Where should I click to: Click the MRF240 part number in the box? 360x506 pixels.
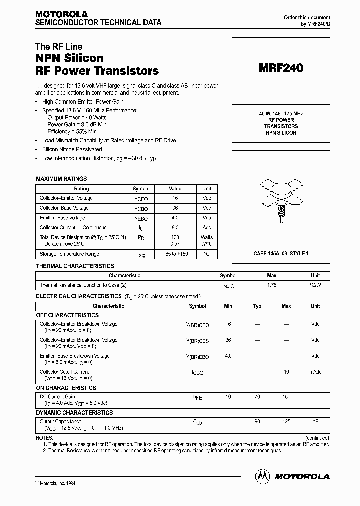(x=280, y=69)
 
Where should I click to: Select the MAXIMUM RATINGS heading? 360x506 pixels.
(x=61, y=179)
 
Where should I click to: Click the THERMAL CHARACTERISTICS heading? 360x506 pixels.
(x=75, y=266)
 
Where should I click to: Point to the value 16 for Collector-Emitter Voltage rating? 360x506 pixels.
(x=175, y=198)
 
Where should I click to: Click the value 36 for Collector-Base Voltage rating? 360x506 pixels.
(x=175, y=208)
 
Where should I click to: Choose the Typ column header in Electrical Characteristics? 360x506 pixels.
(x=257, y=306)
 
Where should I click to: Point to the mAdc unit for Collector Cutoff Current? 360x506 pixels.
(x=315, y=373)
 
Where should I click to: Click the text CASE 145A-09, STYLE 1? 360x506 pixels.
(x=280, y=254)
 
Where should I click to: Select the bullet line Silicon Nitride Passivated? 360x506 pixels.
(x=72, y=149)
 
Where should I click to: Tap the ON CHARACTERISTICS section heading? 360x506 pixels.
(x=66, y=388)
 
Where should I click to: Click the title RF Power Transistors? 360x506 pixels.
(x=97, y=71)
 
